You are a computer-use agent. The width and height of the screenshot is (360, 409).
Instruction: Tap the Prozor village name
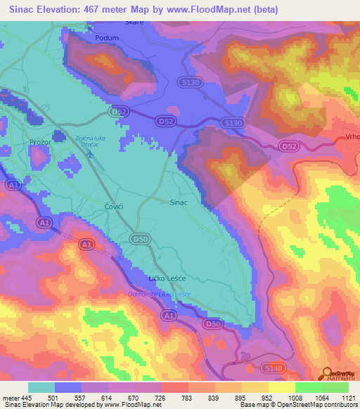coord(41,142)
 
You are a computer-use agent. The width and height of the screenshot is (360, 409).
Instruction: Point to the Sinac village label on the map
coord(179,202)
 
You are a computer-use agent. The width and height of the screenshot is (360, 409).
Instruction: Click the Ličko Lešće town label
coord(165,280)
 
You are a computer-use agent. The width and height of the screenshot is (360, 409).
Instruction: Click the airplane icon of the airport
coord(89,154)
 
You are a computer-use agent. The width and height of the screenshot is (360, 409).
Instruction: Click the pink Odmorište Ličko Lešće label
coord(159,294)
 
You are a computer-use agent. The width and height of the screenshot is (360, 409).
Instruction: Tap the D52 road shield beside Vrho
coord(288,146)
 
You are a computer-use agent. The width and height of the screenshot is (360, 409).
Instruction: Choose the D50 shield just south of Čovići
coord(140,240)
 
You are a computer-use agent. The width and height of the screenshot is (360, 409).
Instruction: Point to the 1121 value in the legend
coord(347,397)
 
